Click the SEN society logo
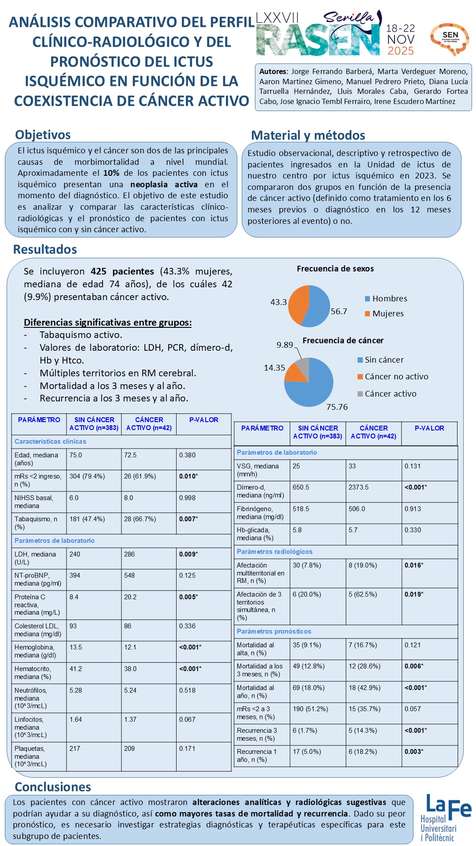pyautogui.click(x=450, y=38)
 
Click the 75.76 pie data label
pyautogui.click(x=337, y=407)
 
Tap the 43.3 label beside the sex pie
pyautogui.click(x=278, y=302)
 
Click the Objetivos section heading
pyautogui.click(x=43, y=135)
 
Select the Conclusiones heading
pyautogui.click(x=53, y=787)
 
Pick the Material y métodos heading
pyautogui.click(x=308, y=135)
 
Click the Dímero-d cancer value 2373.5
pyautogui.click(x=358, y=487)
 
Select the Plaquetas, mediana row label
pyautogui.click(x=31, y=756)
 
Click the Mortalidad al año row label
pyautogui.click(x=255, y=692)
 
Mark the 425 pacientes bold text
pyautogui.click(x=122, y=271)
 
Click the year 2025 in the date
pyautogui.click(x=401, y=51)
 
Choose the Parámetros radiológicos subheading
pyautogui.click(x=274, y=552)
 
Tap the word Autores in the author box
pyautogui.click(x=273, y=71)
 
